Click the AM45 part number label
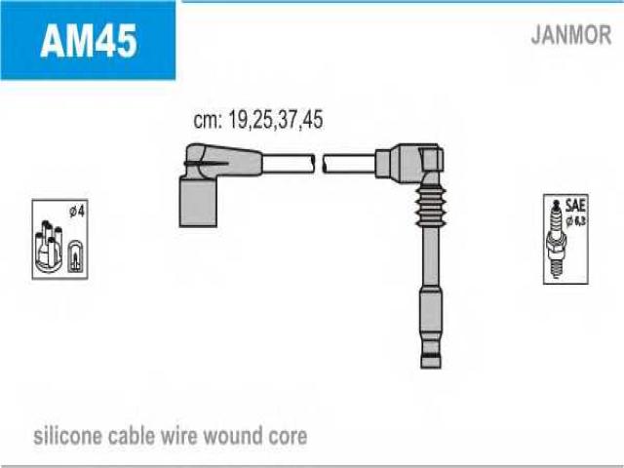[88, 42]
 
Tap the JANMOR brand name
[570, 36]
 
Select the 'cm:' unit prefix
[207, 121]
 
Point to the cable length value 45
[311, 121]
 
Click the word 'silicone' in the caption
[70, 435]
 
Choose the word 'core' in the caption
[288, 435]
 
